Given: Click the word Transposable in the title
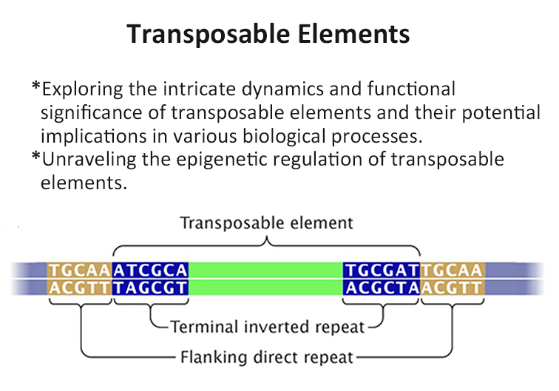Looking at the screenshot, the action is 209,34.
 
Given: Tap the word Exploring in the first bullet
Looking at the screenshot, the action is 83,89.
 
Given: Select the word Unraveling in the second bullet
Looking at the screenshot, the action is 89,160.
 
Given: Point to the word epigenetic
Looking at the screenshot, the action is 222,160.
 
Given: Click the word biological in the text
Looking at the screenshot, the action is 284,137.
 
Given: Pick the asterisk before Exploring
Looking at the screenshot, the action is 36,86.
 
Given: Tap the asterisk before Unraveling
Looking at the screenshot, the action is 36,156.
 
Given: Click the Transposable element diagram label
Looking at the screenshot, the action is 266,223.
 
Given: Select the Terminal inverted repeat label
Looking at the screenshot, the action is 268,327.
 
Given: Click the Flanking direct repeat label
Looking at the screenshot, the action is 267,357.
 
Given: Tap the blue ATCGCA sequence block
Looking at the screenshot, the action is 150,271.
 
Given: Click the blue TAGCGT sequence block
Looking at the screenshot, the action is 150,288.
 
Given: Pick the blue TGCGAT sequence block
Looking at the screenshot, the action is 382,271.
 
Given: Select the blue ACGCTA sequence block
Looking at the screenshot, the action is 382,288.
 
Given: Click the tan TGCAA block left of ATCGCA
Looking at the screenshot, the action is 80,271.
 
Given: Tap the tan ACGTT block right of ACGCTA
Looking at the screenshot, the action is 453,288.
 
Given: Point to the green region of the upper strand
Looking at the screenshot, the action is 265,271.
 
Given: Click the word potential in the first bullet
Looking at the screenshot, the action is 501,113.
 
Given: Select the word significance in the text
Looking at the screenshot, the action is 92,113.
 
